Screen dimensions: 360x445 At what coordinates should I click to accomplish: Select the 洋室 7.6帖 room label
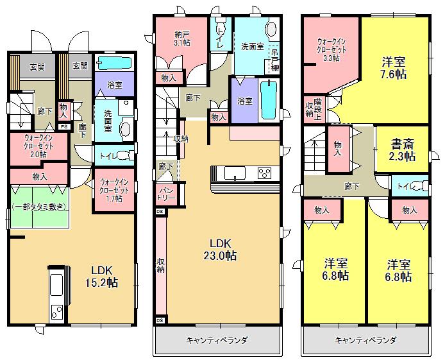[394, 68]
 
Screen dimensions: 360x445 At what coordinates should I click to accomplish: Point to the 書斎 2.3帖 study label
[401, 150]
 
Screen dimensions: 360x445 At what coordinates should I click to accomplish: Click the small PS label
[63, 126]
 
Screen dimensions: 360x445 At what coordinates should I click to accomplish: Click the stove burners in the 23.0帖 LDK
[265, 173]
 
